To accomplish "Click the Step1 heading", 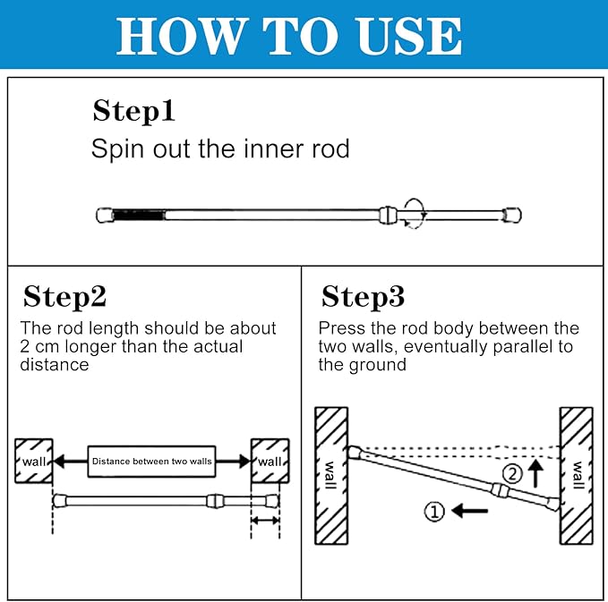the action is click(133, 111).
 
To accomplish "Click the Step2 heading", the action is click(64, 297).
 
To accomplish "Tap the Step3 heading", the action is click(363, 297).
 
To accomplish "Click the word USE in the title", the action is click(409, 36).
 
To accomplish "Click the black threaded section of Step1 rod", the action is click(139, 215).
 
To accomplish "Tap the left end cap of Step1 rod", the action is click(104, 216).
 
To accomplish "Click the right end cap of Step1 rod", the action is click(512, 215).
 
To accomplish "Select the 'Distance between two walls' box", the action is click(151, 461).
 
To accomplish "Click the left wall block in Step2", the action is click(34, 461).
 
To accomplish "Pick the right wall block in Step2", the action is click(270, 461).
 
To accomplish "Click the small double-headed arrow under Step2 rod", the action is click(265, 521).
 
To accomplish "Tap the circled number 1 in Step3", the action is click(434, 512).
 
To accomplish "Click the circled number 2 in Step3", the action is click(512, 473).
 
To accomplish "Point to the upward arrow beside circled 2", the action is click(535, 473).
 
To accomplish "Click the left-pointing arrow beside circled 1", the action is click(469, 511).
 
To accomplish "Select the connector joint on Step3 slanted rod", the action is click(501, 490).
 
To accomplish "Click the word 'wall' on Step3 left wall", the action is click(330, 475).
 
